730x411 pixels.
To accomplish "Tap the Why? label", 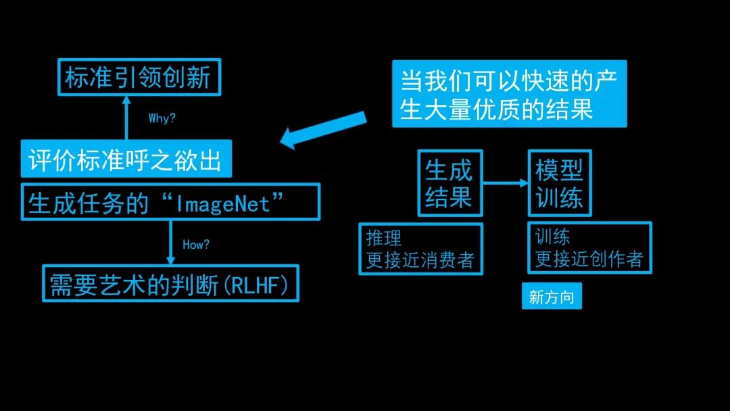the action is [x=162, y=118].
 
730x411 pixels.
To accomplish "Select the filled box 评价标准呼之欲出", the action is [x=126, y=159].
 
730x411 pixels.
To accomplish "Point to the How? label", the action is [x=196, y=244].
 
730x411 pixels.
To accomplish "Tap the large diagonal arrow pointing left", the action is [x=323, y=130].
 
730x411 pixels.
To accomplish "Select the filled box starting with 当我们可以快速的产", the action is [x=510, y=93].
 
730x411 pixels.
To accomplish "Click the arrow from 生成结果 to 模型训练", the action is [x=506, y=183].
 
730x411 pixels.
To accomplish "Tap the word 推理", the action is [x=384, y=238].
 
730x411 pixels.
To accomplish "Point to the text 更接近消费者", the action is [x=420, y=260].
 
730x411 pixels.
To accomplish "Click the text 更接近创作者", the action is [x=589, y=259].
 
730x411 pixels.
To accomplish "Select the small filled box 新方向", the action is [x=552, y=296].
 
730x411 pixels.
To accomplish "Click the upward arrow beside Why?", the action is [x=126, y=118].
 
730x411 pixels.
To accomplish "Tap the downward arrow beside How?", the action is [x=170, y=243].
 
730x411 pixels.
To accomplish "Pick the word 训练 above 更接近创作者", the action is [x=553, y=237].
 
